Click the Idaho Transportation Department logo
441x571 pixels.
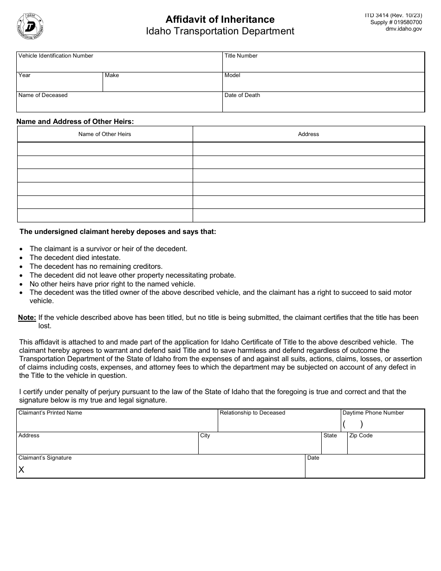pos(31,26)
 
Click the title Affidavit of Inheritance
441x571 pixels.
pos(220,19)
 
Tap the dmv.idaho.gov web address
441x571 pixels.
pos(403,29)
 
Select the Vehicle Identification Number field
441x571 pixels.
pos(119,65)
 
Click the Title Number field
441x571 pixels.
pos(324,65)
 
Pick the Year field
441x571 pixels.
pos(59,84)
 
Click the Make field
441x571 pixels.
pos(162,84)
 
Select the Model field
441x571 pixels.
pos(324,84)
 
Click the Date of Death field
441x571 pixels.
pos(324,104)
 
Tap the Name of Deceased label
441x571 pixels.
pos(43,95)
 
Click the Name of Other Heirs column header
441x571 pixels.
pos(104,134)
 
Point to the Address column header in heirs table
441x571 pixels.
pos(308,134)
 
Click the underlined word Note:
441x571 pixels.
pos(27,318)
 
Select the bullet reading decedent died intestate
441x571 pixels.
pos(75,257)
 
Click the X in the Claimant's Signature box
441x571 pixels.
pos(21,470)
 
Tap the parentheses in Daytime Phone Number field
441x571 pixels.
pos(353,424)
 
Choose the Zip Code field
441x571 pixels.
pos(385,445)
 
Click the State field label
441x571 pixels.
pos(330,435)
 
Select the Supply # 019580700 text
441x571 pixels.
pos(396,22)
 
